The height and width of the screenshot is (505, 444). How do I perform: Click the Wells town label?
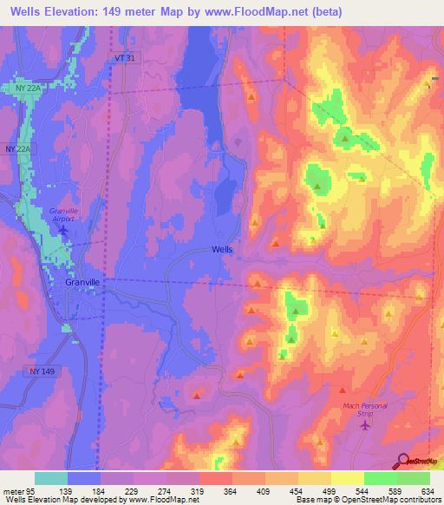(222, 249)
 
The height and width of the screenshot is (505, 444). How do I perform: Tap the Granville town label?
(83, 282)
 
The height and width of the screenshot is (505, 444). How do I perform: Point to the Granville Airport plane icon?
(62, 230)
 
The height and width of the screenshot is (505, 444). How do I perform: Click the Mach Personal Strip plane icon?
(364, 424)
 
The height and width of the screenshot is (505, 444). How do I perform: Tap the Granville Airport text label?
(63, 215)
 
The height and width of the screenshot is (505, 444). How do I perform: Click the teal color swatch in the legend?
(51, 478)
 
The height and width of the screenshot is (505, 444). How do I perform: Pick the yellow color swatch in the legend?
(348, 478)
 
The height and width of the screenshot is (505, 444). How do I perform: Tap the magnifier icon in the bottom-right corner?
(402, 462)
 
